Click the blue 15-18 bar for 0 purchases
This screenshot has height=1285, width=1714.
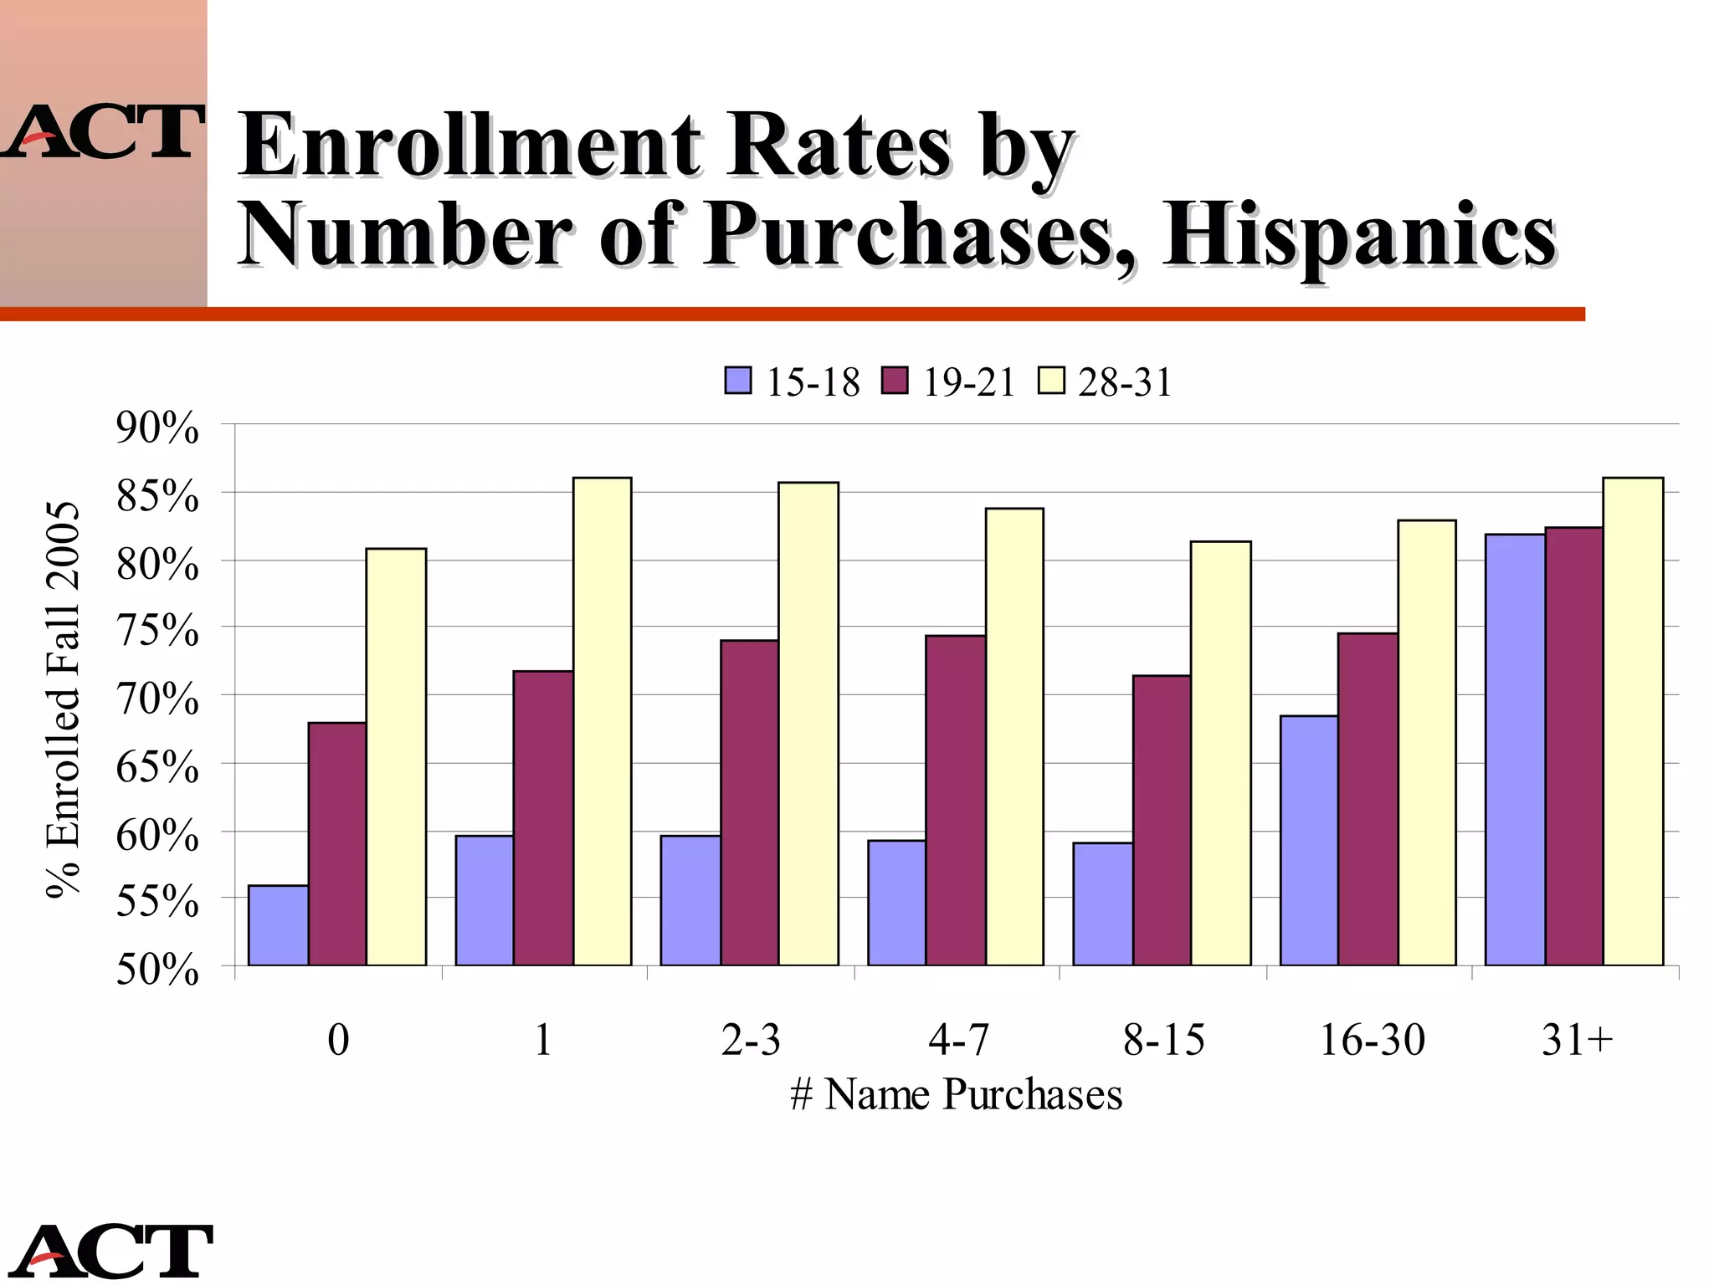point(278,925)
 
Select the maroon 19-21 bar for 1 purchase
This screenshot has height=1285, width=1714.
point(543,818)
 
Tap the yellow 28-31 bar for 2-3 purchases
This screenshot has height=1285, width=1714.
point(808,724)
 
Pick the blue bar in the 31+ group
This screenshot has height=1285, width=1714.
point(1515,750)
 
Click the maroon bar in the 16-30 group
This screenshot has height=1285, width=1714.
point(1368,799)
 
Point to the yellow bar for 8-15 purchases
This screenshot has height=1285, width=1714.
point(1220,753)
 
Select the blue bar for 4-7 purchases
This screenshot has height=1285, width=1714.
point(896,903)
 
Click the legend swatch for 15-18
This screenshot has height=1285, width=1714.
point(737,381)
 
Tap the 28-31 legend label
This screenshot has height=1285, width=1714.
point(1125,382)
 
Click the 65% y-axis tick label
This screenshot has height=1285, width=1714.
point(157,766)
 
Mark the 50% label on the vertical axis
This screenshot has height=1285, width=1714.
point(157,970)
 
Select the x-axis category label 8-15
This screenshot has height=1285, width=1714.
point(1163,1040)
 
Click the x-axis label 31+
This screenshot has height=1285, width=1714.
point(1577,1040)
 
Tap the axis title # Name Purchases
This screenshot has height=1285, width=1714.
point(956,1094)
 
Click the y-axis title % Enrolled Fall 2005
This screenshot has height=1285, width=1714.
point(63,699)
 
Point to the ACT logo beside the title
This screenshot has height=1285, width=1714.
point(102,132)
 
